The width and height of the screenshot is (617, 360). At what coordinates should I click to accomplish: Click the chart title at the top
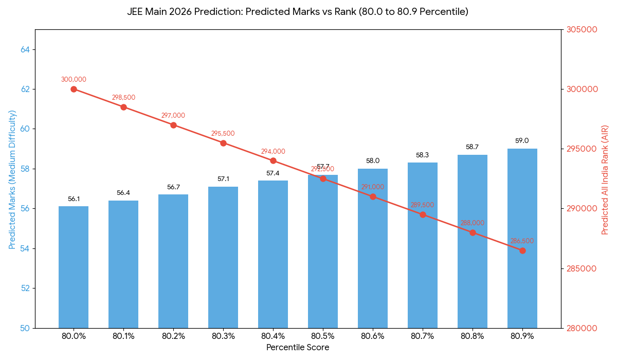click(298, 11)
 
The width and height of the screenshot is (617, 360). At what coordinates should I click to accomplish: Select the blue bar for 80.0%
click(74, 267)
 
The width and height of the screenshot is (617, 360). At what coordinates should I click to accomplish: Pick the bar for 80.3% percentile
click(223, 257)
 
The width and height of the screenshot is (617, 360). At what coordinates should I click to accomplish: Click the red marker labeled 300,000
click(74, 89)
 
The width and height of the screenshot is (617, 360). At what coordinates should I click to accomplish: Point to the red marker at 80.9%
click(522, 250)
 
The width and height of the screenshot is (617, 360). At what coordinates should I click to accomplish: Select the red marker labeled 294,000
click(273, 161)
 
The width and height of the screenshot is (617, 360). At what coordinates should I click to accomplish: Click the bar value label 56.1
click(74, 199)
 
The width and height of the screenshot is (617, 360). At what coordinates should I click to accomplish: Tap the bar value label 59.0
click(522, 140)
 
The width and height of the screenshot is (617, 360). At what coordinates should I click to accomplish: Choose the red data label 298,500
click(123, 98)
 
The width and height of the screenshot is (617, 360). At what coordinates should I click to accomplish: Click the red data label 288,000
click(473, 223)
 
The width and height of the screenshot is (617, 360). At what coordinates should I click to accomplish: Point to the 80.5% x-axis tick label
click(323, 336)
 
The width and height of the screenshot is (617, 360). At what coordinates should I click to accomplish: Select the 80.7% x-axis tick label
click(423, 336)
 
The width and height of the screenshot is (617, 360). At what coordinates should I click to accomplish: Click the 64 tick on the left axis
click(25, 49)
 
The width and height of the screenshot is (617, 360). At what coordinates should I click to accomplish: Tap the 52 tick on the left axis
click(25, 288)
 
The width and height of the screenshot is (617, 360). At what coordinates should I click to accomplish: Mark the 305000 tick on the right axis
click(582, 29)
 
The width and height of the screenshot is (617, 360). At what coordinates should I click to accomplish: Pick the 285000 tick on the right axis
click(582, 268)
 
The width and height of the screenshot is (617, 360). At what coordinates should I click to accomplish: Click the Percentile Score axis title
click(298, 348)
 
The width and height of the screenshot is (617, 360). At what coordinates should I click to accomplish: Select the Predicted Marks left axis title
click(12, 179)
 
